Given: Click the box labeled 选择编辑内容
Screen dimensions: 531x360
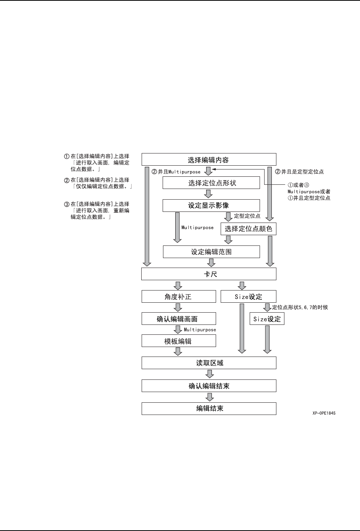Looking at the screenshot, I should (208, 160).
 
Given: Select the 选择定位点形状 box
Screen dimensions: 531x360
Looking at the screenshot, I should (211, 183).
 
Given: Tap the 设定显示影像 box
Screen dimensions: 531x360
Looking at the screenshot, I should (211, 205).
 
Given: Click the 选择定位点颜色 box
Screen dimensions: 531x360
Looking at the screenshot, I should (248, 229).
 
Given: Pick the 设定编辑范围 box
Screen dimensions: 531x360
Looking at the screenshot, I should (211, 252).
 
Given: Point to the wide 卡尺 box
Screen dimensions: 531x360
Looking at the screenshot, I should (208, 274).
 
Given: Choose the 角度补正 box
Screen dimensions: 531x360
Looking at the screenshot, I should (179, 297).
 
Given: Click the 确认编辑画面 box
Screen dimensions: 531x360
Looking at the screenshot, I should (179, 319).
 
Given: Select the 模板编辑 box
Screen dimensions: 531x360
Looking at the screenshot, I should (179, 341).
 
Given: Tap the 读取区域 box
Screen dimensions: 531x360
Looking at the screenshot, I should (208, 363).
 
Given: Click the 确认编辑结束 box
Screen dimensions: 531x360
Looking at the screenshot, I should (208, 386).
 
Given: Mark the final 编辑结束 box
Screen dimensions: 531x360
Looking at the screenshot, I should (208, 408).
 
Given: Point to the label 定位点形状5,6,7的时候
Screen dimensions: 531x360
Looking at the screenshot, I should (300, 307).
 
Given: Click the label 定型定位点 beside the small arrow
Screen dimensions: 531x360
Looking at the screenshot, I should (247, 216).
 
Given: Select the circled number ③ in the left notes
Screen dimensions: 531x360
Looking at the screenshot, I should (66, 204).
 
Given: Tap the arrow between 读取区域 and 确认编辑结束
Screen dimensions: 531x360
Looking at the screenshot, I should (209, 374).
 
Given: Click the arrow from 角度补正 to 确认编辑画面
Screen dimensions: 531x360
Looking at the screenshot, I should (178, 308).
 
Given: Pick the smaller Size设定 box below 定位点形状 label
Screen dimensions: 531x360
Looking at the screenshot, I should (267, 319).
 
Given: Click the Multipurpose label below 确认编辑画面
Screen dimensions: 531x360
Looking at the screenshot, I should (200, 330).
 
